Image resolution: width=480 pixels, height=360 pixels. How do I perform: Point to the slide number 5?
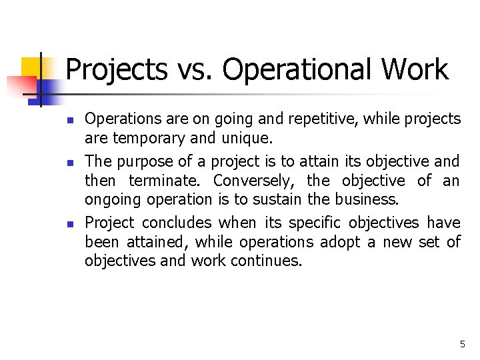tap(462, 344)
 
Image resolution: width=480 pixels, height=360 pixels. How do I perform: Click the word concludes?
tap(177, 222)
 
